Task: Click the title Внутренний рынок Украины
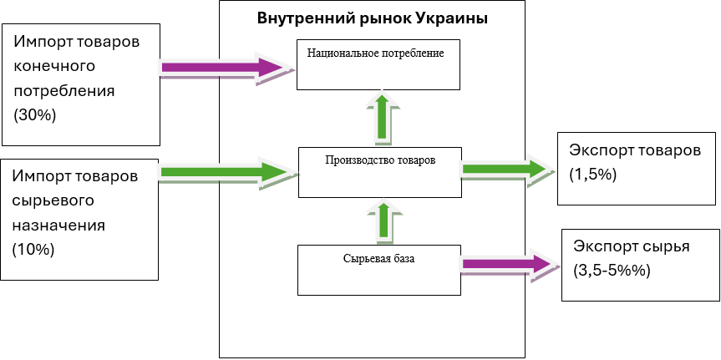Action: pyautogui.click(x=373, y=18)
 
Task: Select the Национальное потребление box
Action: pyautogui.click(x=378, y=63)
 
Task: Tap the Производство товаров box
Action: pyautogui.click(x=380, y=171)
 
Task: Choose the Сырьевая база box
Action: pyautogui.click(x=378, y=269)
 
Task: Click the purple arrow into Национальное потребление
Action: pyautogui.click(x=226, y=68)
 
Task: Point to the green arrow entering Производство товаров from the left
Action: pyautogui.click(x=227, y=173)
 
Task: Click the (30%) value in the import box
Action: pyautogui.click(x=35, y=116)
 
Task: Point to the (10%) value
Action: pyautogui.click(x=33, y=250)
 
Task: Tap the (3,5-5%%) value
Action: pyautogui.click(x=611, y=271)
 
